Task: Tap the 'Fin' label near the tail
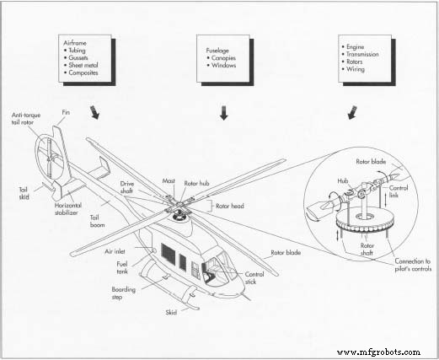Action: tap(67, 112)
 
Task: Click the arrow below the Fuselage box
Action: tap(223, 112)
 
